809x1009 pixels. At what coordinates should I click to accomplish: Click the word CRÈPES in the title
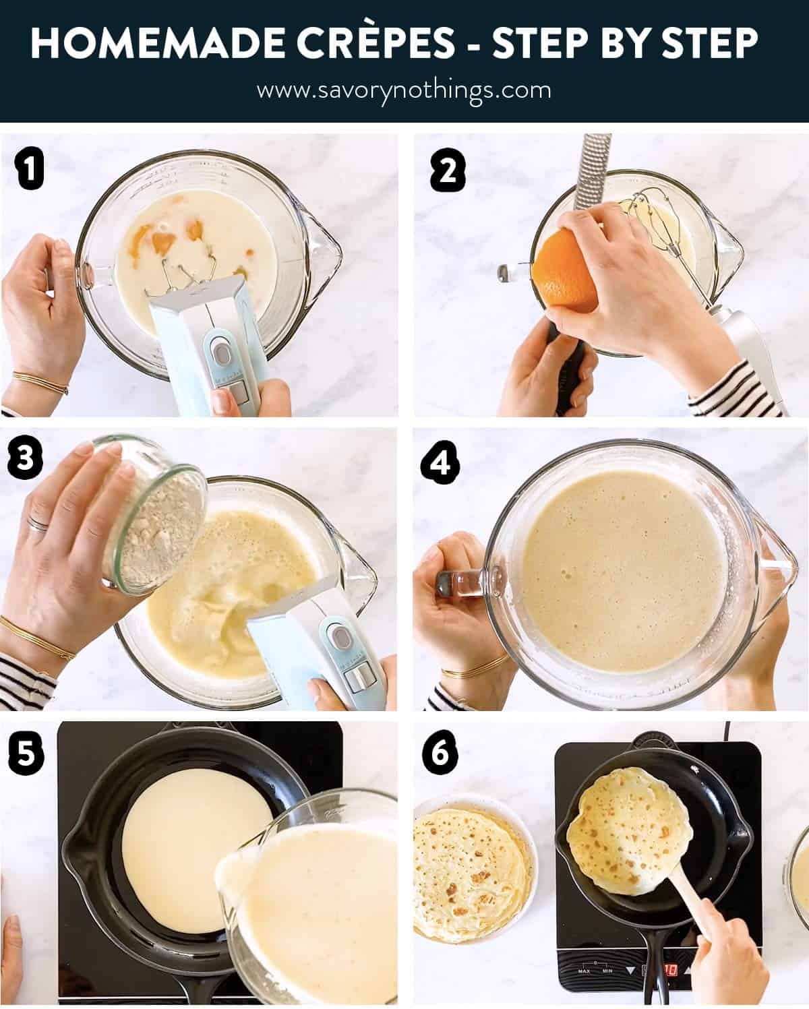pyautogui.click(x=376, y=42)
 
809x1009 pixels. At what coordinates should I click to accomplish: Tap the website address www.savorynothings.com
pyautogui.click(x=404, y=90)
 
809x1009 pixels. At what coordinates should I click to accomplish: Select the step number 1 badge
pyautogui.click(x=29, y=169)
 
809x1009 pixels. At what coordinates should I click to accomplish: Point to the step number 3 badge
pyautogui.click(x=25, y=458)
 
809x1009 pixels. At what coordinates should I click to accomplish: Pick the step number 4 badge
pyautogui.click(x=440, y=462)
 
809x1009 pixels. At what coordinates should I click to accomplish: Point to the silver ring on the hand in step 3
pyautogui.click(x=38, y=523)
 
